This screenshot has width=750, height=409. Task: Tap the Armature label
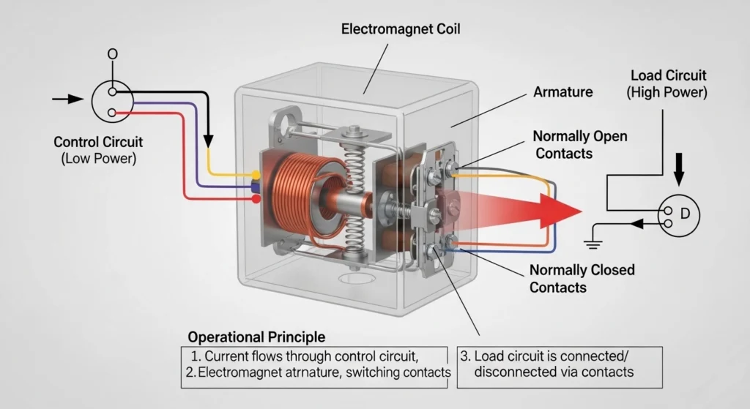click(562, 92)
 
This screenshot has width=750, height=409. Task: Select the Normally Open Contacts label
click(579, 144)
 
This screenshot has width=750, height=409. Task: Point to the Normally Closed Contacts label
click(582, 278)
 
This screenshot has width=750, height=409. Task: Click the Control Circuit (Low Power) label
click(98, 149)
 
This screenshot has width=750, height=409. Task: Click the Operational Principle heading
click(256, 337)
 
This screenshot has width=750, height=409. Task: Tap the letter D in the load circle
click(685, 214)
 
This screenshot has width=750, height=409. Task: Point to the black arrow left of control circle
click(70, 99)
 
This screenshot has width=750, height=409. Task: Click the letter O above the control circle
click(112, 54)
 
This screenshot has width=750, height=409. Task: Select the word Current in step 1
click(228, 356)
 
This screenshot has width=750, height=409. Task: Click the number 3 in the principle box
click(465, 356)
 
